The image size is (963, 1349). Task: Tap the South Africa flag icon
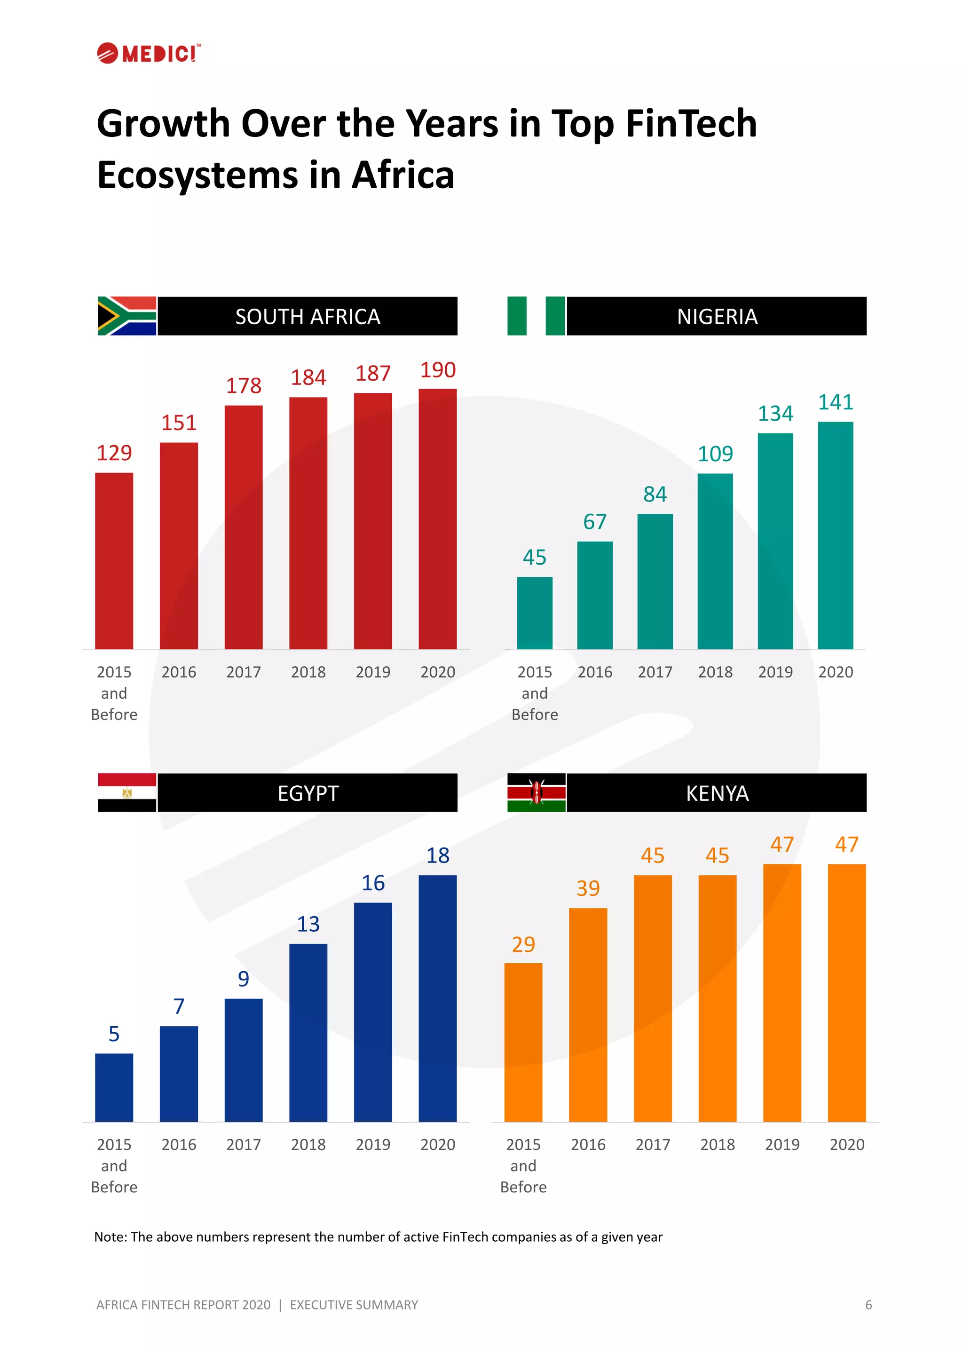(x=127, y=316)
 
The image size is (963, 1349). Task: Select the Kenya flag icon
(x=536, y=792)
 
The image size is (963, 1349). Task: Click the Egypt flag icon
(x=127, y=792)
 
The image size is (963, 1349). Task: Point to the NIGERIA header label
(x=717, y=317)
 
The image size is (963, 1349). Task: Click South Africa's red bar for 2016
(x=179, y=546)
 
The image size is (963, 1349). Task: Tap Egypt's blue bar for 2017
(x=243, y=1060)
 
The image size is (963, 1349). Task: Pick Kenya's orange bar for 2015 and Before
(x=523, y=1042)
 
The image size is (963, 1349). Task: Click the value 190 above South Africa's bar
(x=438, y=370)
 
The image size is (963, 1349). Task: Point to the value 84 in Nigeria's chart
(x=655, y=494)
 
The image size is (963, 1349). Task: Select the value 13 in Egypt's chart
(x=308, y=924)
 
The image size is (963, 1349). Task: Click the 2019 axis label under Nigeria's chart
(x=775, y=672)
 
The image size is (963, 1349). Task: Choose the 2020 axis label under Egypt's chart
(x=438, y=1145)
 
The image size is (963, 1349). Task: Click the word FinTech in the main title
(x=691, y=124)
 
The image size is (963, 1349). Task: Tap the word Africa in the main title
(x=403, y=176)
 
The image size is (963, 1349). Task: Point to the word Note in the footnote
(x=109, y=1237)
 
